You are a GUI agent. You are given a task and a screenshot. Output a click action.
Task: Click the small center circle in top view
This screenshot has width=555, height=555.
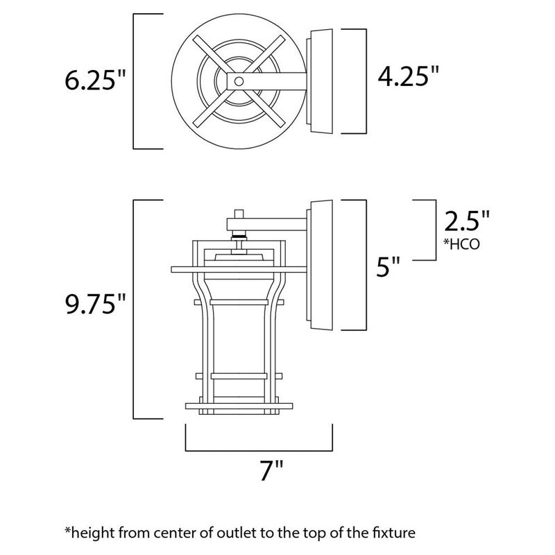click(238, 82)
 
